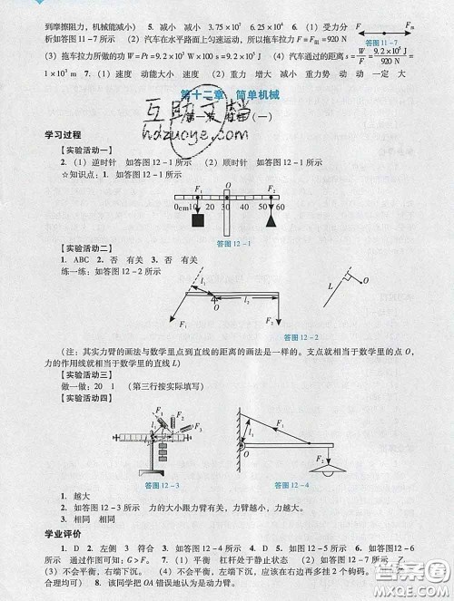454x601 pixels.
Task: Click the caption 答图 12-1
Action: (x=232, y=243)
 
